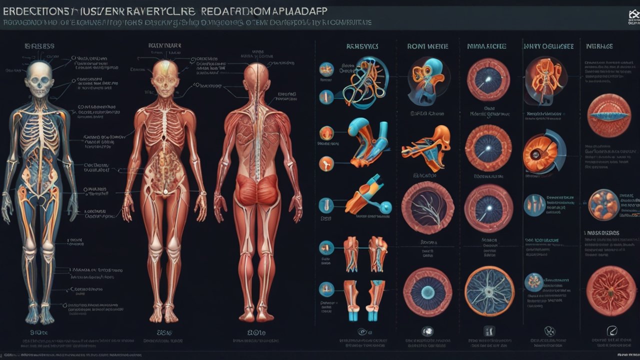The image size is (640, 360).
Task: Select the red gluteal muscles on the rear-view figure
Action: pos(256,190)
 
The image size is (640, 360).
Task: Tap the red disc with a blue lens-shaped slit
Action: pos(608,115)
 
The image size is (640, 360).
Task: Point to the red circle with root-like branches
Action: pos(610,290)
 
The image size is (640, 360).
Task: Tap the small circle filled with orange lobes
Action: pos(603,204)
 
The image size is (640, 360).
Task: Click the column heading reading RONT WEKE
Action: pos(427,46)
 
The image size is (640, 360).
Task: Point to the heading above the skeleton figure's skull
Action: pos(39,46)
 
